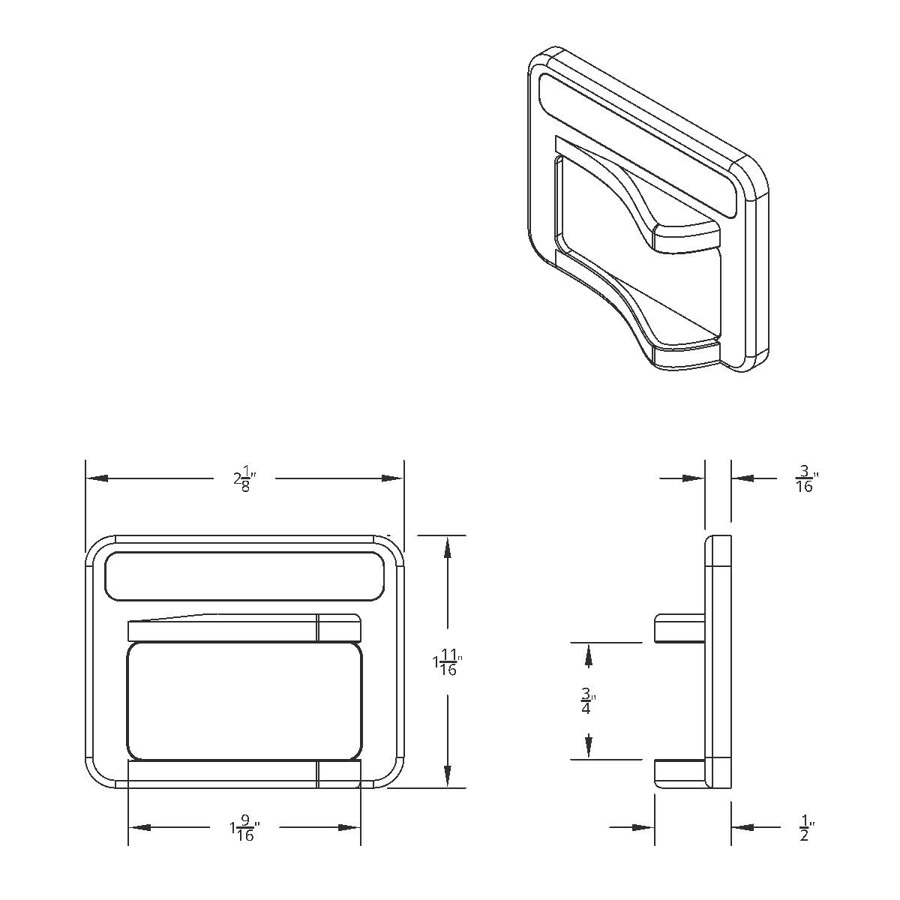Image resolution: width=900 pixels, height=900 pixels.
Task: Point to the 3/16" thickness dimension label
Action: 805,478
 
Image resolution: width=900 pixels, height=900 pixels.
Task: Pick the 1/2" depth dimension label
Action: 805,829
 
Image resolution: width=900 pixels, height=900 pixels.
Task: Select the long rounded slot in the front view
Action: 242,576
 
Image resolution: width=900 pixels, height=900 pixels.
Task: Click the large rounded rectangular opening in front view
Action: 244,700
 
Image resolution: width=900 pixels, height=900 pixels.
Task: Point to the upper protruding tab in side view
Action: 679,628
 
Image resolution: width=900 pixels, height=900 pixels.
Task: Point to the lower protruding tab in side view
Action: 679,772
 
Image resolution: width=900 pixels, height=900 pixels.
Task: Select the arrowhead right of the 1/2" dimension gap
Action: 742,827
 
